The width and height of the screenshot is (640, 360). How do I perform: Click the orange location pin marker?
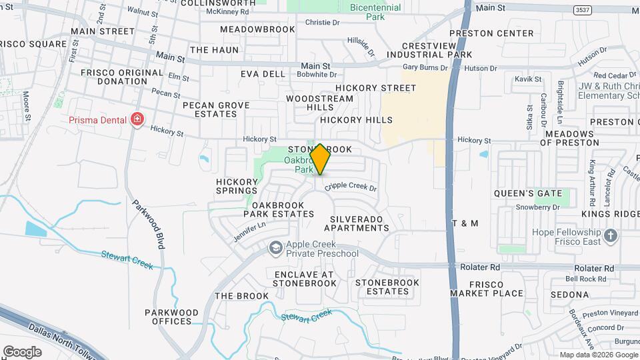320,159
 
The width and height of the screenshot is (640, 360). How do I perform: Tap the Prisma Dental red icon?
137,120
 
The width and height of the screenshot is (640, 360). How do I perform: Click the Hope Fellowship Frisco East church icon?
610,236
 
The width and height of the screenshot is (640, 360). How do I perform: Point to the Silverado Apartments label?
359,223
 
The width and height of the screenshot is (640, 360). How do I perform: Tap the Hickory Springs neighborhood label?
237,186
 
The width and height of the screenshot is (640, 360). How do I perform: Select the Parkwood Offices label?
172,317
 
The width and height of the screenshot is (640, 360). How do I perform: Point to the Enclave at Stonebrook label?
304,279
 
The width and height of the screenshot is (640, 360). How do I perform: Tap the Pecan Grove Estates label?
216,109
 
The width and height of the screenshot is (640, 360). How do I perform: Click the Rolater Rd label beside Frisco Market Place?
480,267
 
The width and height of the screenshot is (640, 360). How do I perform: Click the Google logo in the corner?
23,351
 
